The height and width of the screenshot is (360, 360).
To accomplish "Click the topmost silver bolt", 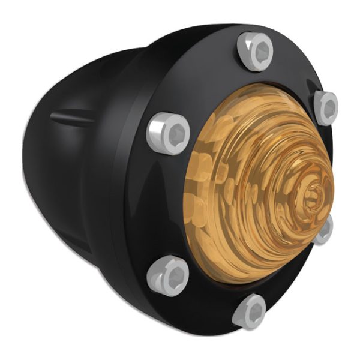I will click(256, 51).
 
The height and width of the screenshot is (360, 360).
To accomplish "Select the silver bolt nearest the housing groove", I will click(167, 131).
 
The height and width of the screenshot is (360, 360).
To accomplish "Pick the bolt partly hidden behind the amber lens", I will click(324, 230).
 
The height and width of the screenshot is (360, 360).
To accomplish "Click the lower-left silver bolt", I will click(167, 274).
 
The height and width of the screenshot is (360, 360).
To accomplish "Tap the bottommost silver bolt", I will click(249, 311).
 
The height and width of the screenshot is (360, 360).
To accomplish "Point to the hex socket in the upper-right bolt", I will click(329, 108).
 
